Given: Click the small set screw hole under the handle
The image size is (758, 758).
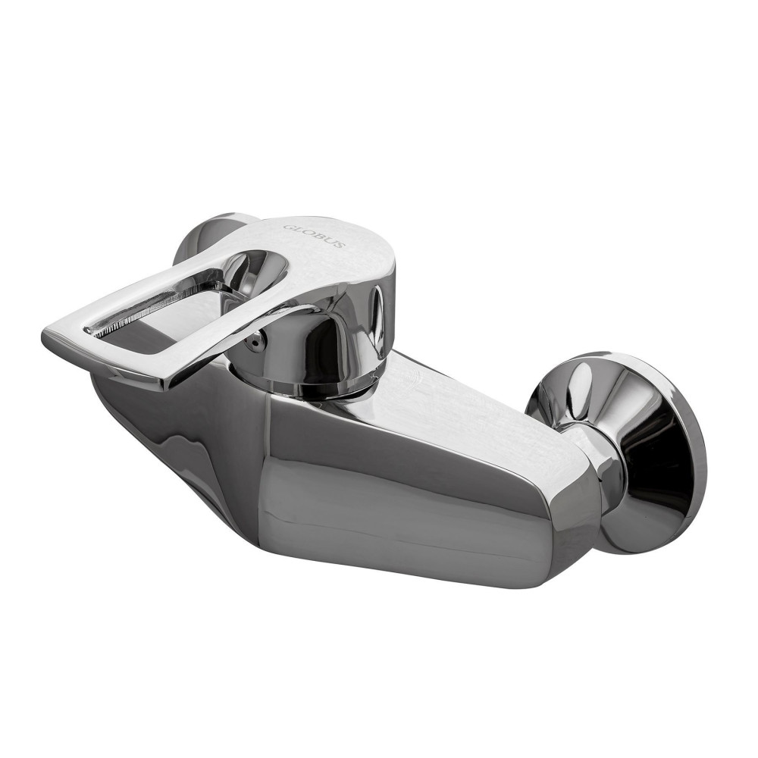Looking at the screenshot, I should coord(255,343).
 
